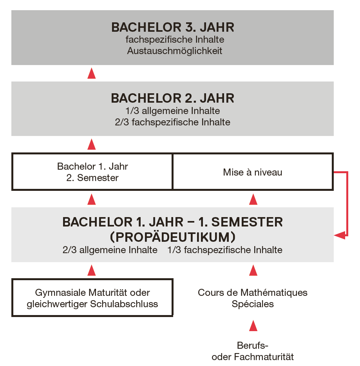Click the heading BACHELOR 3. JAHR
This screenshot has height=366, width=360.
[x=173, y=27]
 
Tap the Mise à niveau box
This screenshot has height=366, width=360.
[x=253, y=172]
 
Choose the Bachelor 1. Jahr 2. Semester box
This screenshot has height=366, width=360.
[x=92, y=172]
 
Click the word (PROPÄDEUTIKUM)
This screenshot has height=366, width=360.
[x=173, y=237]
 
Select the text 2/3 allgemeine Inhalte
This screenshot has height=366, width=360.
[x=110, y=250]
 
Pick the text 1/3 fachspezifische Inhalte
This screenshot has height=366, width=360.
[x=225, y=250]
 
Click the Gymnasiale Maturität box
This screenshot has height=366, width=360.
[x=92, y=298]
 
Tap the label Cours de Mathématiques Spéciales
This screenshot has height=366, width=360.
[x=253, y=298]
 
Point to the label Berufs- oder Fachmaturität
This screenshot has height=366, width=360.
[x=253, y=351]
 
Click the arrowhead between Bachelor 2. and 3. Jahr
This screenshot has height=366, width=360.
[x=92, y=73]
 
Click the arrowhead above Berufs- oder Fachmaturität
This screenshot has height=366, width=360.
[x=253, y=326]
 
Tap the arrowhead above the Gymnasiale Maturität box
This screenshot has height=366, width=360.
[x=92, y=270]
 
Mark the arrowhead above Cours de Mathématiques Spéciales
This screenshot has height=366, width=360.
[x=253, y=270]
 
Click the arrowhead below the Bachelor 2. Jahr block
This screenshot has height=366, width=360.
[x=92, y=144]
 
